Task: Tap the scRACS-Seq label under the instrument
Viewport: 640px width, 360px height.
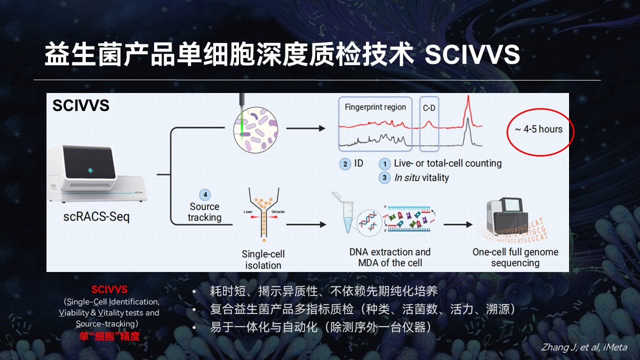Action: [96, 217]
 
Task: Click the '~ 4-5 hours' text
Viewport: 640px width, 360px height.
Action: [538, 129]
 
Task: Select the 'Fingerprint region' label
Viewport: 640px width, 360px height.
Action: [375, 107]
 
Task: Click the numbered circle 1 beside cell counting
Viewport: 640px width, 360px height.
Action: [384, 164]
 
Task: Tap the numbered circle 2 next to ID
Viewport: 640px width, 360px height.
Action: [345, 164]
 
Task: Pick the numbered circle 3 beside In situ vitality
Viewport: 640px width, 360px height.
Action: [384, 178]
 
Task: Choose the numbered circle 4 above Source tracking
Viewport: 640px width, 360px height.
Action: [204, 195]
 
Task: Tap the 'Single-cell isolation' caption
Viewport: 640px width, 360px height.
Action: [263, 259]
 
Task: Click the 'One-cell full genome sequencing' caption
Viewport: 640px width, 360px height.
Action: [515, 257]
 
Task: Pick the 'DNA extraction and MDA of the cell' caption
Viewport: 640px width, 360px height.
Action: [390, 257]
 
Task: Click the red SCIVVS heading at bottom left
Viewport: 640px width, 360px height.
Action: [109, 289]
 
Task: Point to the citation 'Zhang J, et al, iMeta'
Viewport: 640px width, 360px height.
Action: [584, 347]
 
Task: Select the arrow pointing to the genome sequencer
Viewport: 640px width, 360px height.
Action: [457, 224]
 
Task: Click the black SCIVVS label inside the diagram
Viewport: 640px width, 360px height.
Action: [81, 106]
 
